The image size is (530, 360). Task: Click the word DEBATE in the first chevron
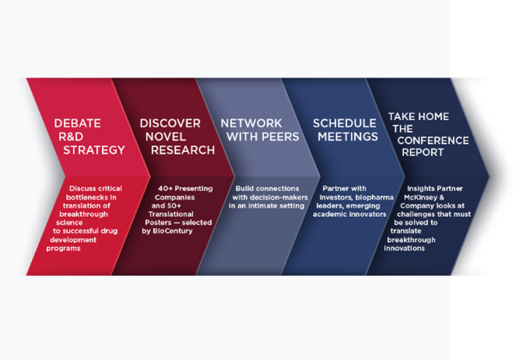(x=77, y=124)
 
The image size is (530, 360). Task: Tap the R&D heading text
(x=71, y=137)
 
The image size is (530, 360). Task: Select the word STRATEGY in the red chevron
(x=94, y=150)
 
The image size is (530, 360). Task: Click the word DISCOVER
(x=170, y=124)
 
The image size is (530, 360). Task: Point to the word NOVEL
(x=166, y=137)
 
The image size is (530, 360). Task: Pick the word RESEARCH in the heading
(x=183, y=150)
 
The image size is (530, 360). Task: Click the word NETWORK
(x=251, y=124)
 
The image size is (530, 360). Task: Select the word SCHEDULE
(x=345, y=124)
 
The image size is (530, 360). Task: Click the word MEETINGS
(x=348, y=137)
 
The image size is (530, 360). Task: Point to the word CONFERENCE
(x=433, y=141)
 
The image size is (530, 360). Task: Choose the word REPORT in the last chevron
(x=423, y=152)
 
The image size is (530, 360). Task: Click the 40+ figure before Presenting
(x=165, y=188)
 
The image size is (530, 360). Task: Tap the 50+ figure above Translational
(x=174, y=206)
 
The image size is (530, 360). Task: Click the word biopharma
(x=374, y=197)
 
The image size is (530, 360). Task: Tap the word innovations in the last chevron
(x=404, y=248)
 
